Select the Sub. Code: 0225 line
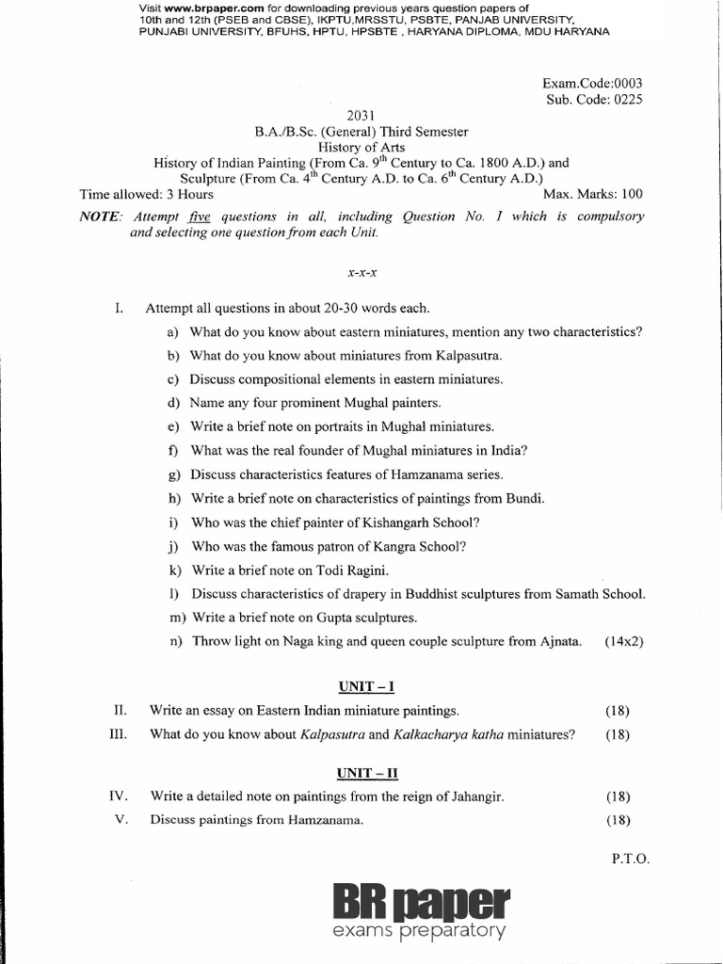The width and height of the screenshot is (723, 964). pos(593,100)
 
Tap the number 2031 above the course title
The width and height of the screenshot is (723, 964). pos(361,116)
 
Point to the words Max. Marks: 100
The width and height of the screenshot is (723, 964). pos(593,195)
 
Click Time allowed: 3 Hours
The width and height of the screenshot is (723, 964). pos(147,195)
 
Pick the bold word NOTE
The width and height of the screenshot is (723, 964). pos(100,217)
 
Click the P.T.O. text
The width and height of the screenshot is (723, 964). pos(630,859)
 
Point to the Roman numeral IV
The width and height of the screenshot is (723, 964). pos(118,796)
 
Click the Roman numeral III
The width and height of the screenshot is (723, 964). pos(118,734)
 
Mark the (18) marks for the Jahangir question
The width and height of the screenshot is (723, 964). pos(618,796)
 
